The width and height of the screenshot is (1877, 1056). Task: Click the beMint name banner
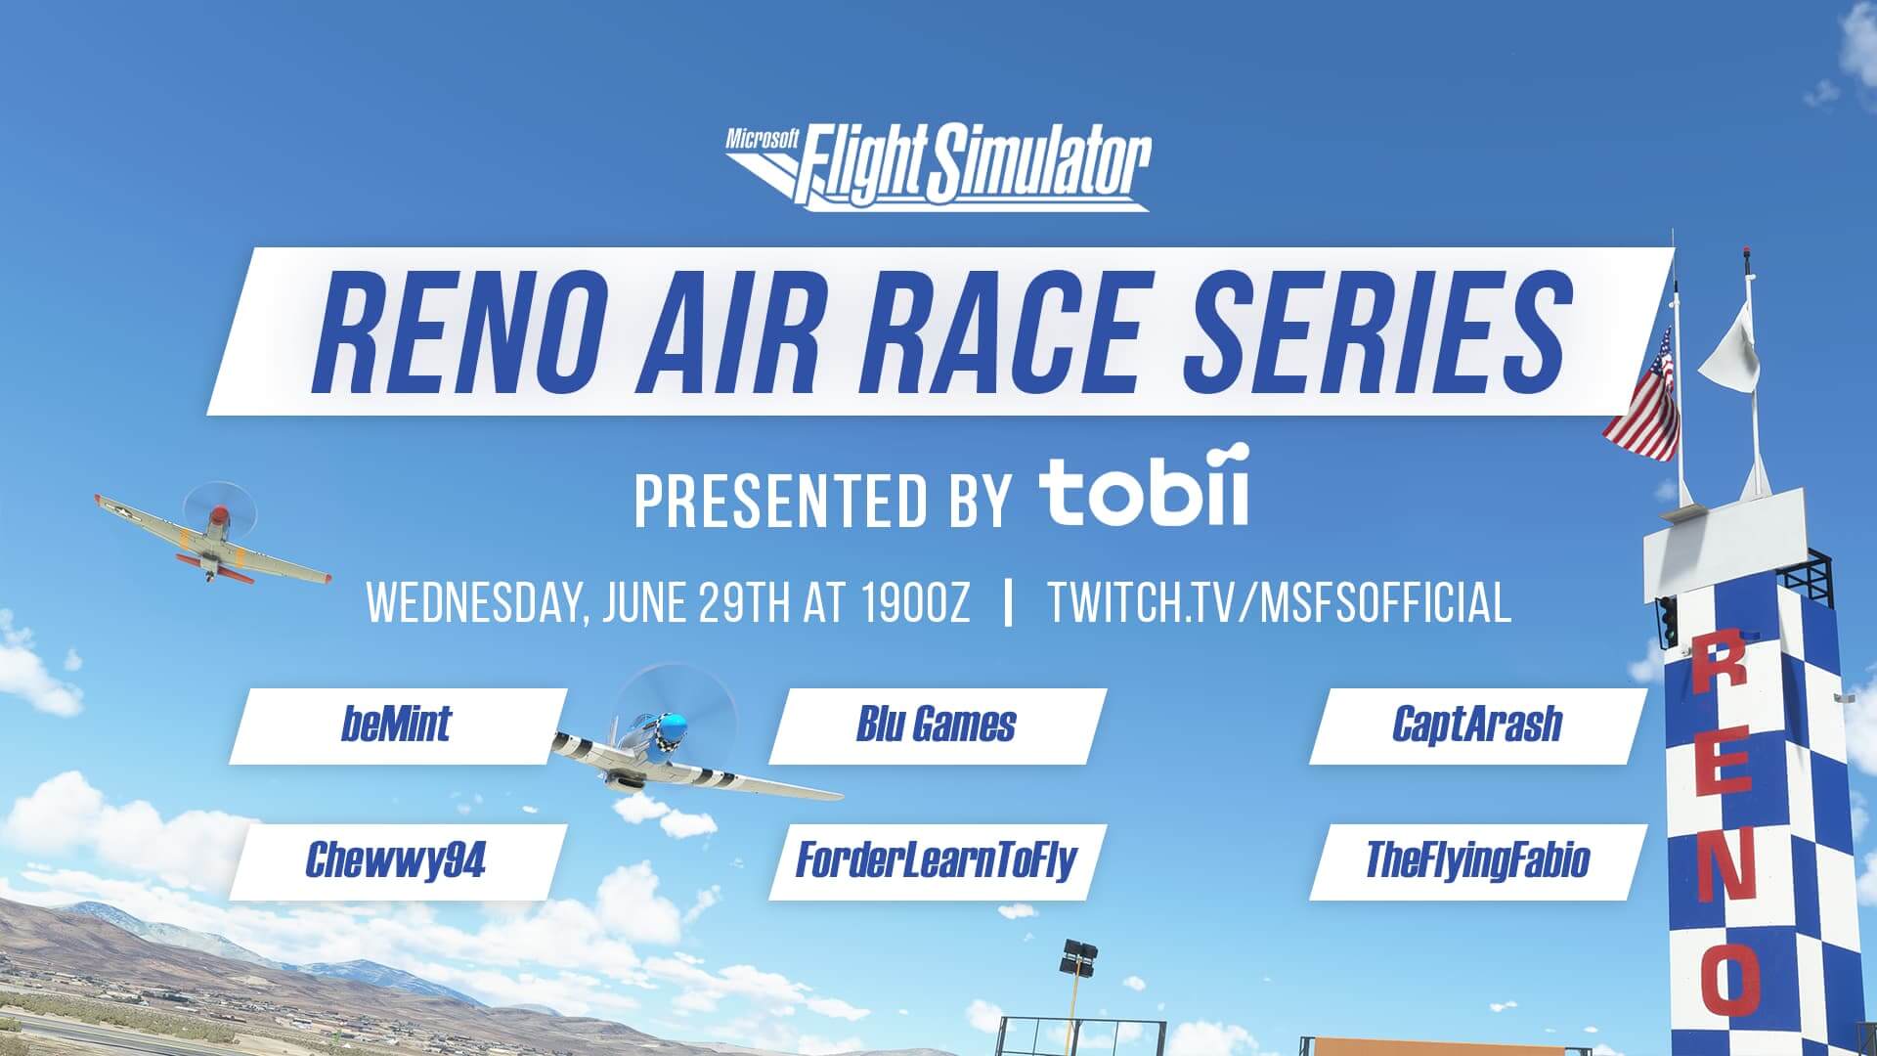(396, 726)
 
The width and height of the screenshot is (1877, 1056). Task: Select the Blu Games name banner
(936, 726)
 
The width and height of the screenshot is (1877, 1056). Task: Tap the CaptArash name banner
(1476, 726)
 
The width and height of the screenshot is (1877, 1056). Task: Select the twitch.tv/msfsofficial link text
(1279, 602)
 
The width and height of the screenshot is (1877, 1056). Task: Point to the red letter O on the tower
(1733, 978)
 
